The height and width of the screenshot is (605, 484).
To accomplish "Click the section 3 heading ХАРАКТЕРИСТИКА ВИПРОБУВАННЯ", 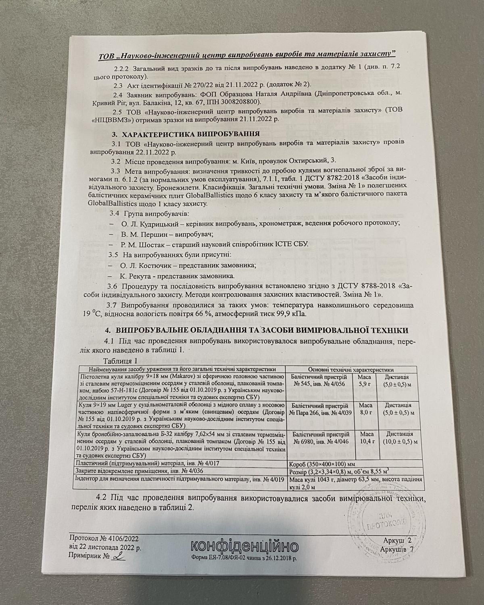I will (185, 134).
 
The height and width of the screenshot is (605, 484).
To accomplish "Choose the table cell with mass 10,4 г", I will (362, 438).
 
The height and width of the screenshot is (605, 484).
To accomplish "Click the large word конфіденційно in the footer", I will (244, 547).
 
